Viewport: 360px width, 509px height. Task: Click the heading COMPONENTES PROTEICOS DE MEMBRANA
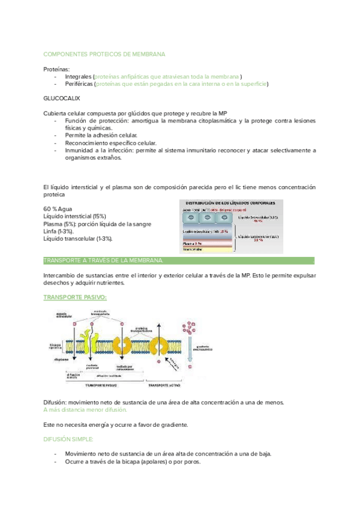pos(104,54)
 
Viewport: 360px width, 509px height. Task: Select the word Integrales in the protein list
pos(79,77)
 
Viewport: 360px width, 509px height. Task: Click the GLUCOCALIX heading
pos(62,98)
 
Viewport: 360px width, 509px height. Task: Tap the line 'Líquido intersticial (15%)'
pos(75,216)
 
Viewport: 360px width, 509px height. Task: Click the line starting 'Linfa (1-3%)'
pos(59,231)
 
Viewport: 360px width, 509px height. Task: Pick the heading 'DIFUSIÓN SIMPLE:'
pos(68,439)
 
